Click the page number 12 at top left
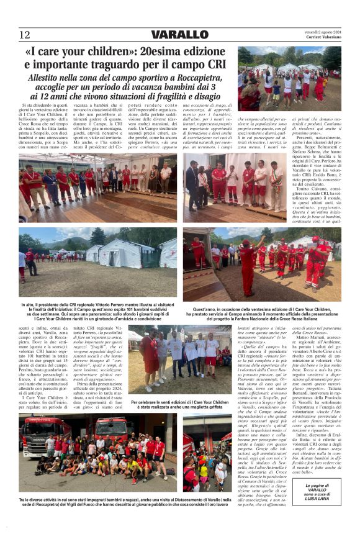tap(24, 35)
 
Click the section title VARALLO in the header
tap(179, 35)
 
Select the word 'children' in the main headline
tap(110, 52)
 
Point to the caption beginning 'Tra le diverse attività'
tap(97, 502)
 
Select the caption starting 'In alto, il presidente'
tap(97, 309)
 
